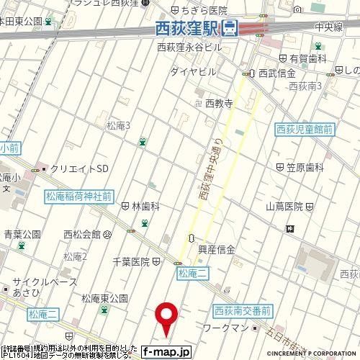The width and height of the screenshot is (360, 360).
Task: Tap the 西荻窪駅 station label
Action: coord(188,29)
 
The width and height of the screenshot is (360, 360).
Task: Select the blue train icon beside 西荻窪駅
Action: coord(230,29)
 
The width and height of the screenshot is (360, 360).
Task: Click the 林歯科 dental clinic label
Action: coord(145,206)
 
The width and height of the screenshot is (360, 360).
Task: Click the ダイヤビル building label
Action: coord(193,73)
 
